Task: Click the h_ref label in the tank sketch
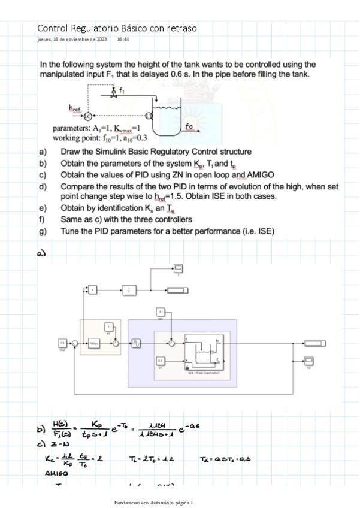[75, 108]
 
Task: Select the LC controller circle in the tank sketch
[87, 114]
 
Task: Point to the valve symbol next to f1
[113, 93]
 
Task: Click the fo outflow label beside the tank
[189, 126]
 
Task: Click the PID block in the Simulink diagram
[94, 344]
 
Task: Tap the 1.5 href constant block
[62, 343]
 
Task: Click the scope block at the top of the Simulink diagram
[179, 267]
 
